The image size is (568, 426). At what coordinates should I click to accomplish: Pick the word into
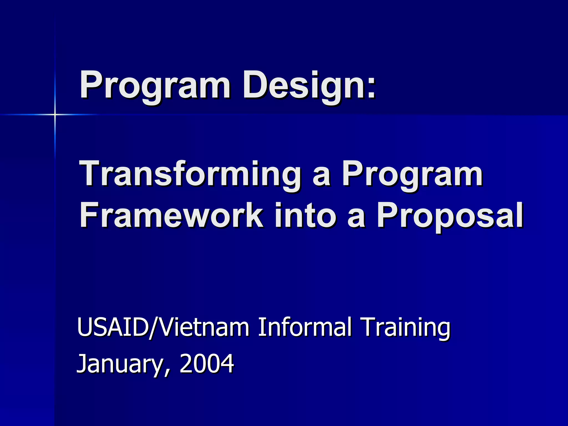[305, 215]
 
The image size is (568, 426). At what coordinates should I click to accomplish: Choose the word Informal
[305, 327]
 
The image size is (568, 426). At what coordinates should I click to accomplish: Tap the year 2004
[207, 363]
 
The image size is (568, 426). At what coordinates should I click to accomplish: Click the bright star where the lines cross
[55, 114]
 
